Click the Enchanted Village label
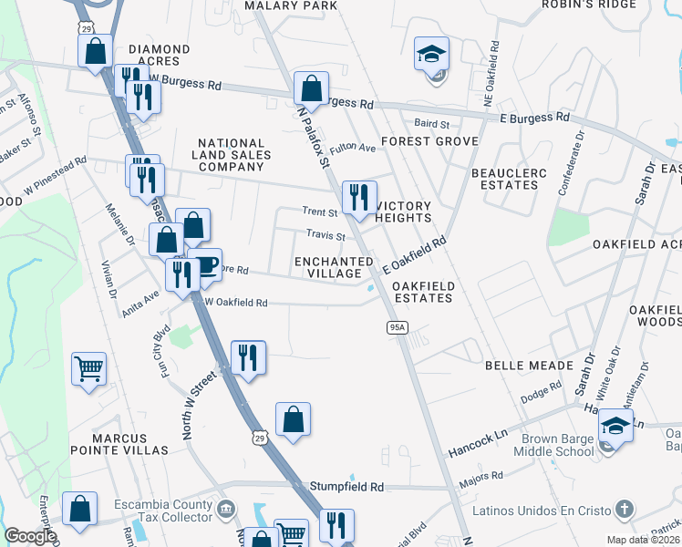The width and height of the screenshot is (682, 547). coord(334,268)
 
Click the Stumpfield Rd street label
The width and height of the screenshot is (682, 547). coord(346,487)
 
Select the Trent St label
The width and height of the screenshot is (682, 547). coord(320,212)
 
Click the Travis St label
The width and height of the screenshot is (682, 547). coord(325,235)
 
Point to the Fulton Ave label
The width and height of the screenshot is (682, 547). coord(353,148)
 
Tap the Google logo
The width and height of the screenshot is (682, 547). coord(30,535)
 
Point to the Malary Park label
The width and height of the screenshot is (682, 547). coord(292,5)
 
